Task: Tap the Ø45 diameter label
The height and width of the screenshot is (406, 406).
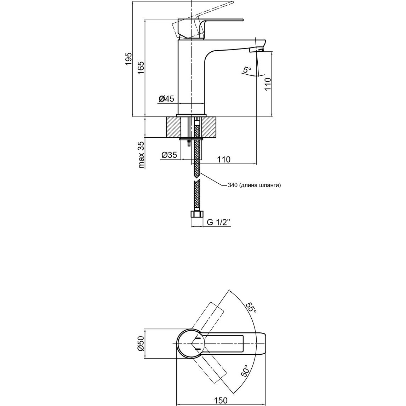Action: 166,99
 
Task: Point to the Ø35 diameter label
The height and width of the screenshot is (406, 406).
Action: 169,155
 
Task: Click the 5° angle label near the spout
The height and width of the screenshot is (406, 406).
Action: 247,70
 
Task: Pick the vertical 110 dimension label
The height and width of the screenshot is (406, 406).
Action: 268,84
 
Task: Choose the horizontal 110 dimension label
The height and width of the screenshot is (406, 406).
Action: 223,159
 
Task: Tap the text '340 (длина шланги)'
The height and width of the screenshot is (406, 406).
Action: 254,185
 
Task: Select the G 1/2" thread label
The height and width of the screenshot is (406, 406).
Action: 219,222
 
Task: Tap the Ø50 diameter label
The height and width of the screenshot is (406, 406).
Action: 141,344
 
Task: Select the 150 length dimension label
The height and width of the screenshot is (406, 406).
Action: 221,400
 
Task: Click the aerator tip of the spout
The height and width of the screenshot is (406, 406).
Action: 256,50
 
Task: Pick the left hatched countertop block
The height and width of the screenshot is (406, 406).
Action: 173,127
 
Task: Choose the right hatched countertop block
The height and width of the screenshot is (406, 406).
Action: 209,127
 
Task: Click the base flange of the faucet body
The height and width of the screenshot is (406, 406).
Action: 191,115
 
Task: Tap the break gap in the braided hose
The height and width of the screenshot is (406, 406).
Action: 197,179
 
